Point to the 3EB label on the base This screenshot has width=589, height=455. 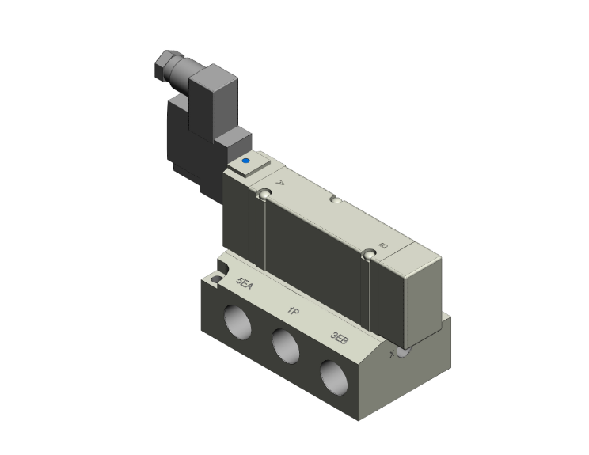click(339, 339)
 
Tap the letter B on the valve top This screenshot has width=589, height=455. click(383, 246)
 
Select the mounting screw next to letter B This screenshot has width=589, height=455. click(367, 254)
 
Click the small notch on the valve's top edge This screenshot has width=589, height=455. click(337, 203)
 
